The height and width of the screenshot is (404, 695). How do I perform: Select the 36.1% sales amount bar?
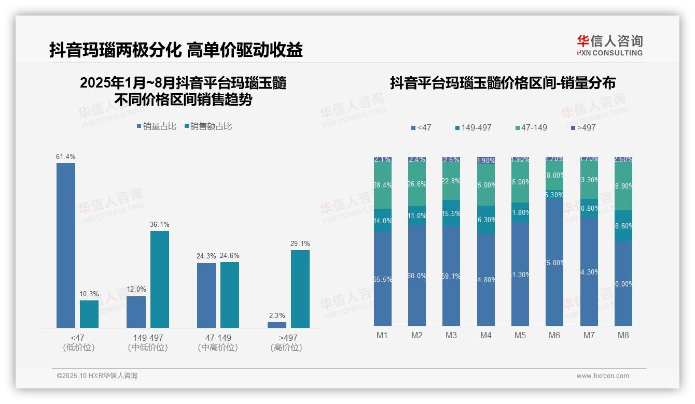(x=160, y=279)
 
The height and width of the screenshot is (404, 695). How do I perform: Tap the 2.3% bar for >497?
(x=277, y=325)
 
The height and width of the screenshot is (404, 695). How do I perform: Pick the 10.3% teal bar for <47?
(x=89, y=314)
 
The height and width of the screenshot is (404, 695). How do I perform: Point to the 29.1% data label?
(x=300, y=243)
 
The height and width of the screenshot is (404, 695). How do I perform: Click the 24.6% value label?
(x=230, y=255)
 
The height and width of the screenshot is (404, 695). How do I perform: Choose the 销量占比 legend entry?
(x=157, y=126)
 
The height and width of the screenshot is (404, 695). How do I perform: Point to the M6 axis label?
(x=554, y=335)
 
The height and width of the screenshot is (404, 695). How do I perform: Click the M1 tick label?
(x=382, y=335)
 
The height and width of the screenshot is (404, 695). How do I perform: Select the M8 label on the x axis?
(x=623, y=335)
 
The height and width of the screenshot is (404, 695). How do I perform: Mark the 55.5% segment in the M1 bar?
(x=382, y=279)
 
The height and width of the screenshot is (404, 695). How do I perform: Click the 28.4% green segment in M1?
(x=382, y=185)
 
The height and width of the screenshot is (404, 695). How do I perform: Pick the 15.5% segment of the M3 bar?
(x=451, y=213)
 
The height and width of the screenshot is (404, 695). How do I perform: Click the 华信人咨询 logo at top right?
(x=609, y=45)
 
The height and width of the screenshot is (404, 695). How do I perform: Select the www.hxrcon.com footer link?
(x=603, y=376)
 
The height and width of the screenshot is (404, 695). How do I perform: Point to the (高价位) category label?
(x=286, y=348)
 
